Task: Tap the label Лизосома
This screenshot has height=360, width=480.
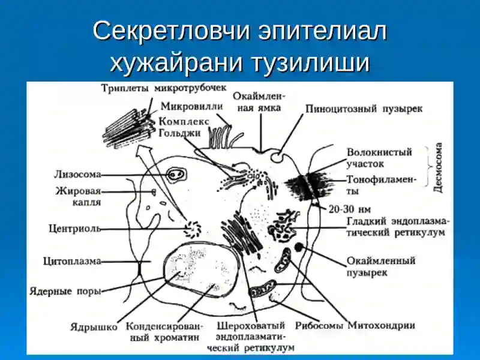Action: pyautogui.click(x=78, y=175)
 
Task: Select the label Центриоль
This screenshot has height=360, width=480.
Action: pyautogui.click(x=74, y=229)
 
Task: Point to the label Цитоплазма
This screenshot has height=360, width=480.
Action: pyautogui.click(x=72, y=261)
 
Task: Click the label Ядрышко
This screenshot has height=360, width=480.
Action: pyautogui.click(x=94, y=327)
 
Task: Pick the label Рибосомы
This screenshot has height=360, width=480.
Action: pyautogui.click(x=319, y=326)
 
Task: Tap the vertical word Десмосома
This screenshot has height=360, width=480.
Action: pyautogui.click(x=439, y=168)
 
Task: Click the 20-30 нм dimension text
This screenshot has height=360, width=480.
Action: pyautogui.click(x=350, y=209)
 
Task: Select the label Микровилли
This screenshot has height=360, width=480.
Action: pyautogui.click(x=192, y=107)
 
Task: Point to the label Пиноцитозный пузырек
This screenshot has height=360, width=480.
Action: pyautogui.click(x=364, y=109)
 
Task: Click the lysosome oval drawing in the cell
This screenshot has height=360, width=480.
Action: pyautogui.click(x=176, y=175)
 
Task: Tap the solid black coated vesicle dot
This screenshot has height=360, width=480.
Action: pyautogui.click(x=298, y=247)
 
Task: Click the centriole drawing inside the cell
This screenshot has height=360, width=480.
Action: pyautogui.click(x=193, y=229)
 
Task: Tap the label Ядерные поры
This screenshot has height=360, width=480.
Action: pyautogui.click(x=65, y=291)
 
